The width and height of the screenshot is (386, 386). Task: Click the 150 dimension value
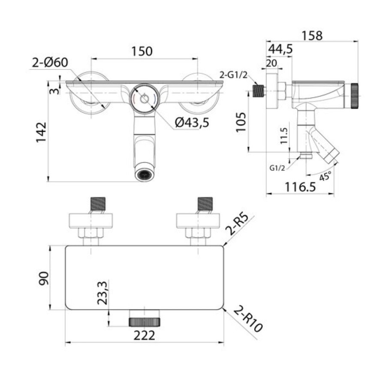click(x=142, y=51)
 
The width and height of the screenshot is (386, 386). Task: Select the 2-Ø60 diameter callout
click(x=50, y=63)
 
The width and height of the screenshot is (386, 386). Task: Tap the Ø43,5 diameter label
click(x=192, y=122)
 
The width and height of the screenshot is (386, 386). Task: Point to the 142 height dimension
click(x=41, y=132)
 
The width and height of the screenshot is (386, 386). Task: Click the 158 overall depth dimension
click(x=312, y=36)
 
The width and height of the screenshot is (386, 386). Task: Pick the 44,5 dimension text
click(x=280, y=49)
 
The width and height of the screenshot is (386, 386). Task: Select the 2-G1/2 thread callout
click(x=233, y=75)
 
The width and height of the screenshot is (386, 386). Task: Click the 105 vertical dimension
click(x=241, y=122)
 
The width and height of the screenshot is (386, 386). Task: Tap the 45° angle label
click(x=326, y=176)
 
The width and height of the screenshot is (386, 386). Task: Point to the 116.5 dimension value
click(x=300, y=187)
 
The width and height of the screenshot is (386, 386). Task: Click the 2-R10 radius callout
click(x=247, y=319)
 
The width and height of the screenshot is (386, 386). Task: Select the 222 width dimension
click(x=144, y=335)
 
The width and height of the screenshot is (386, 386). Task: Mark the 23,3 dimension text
click(x=103, y=293)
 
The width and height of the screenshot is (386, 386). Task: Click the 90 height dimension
click(x=44, y=278)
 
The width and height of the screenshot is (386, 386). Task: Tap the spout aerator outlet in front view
click(x=145, y=174)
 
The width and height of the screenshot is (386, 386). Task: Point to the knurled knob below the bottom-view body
click(x=145, y=322)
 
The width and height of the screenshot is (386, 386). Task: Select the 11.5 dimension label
click(x=284, y=136)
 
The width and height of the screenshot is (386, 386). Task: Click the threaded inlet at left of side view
click(x=259, y=91)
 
